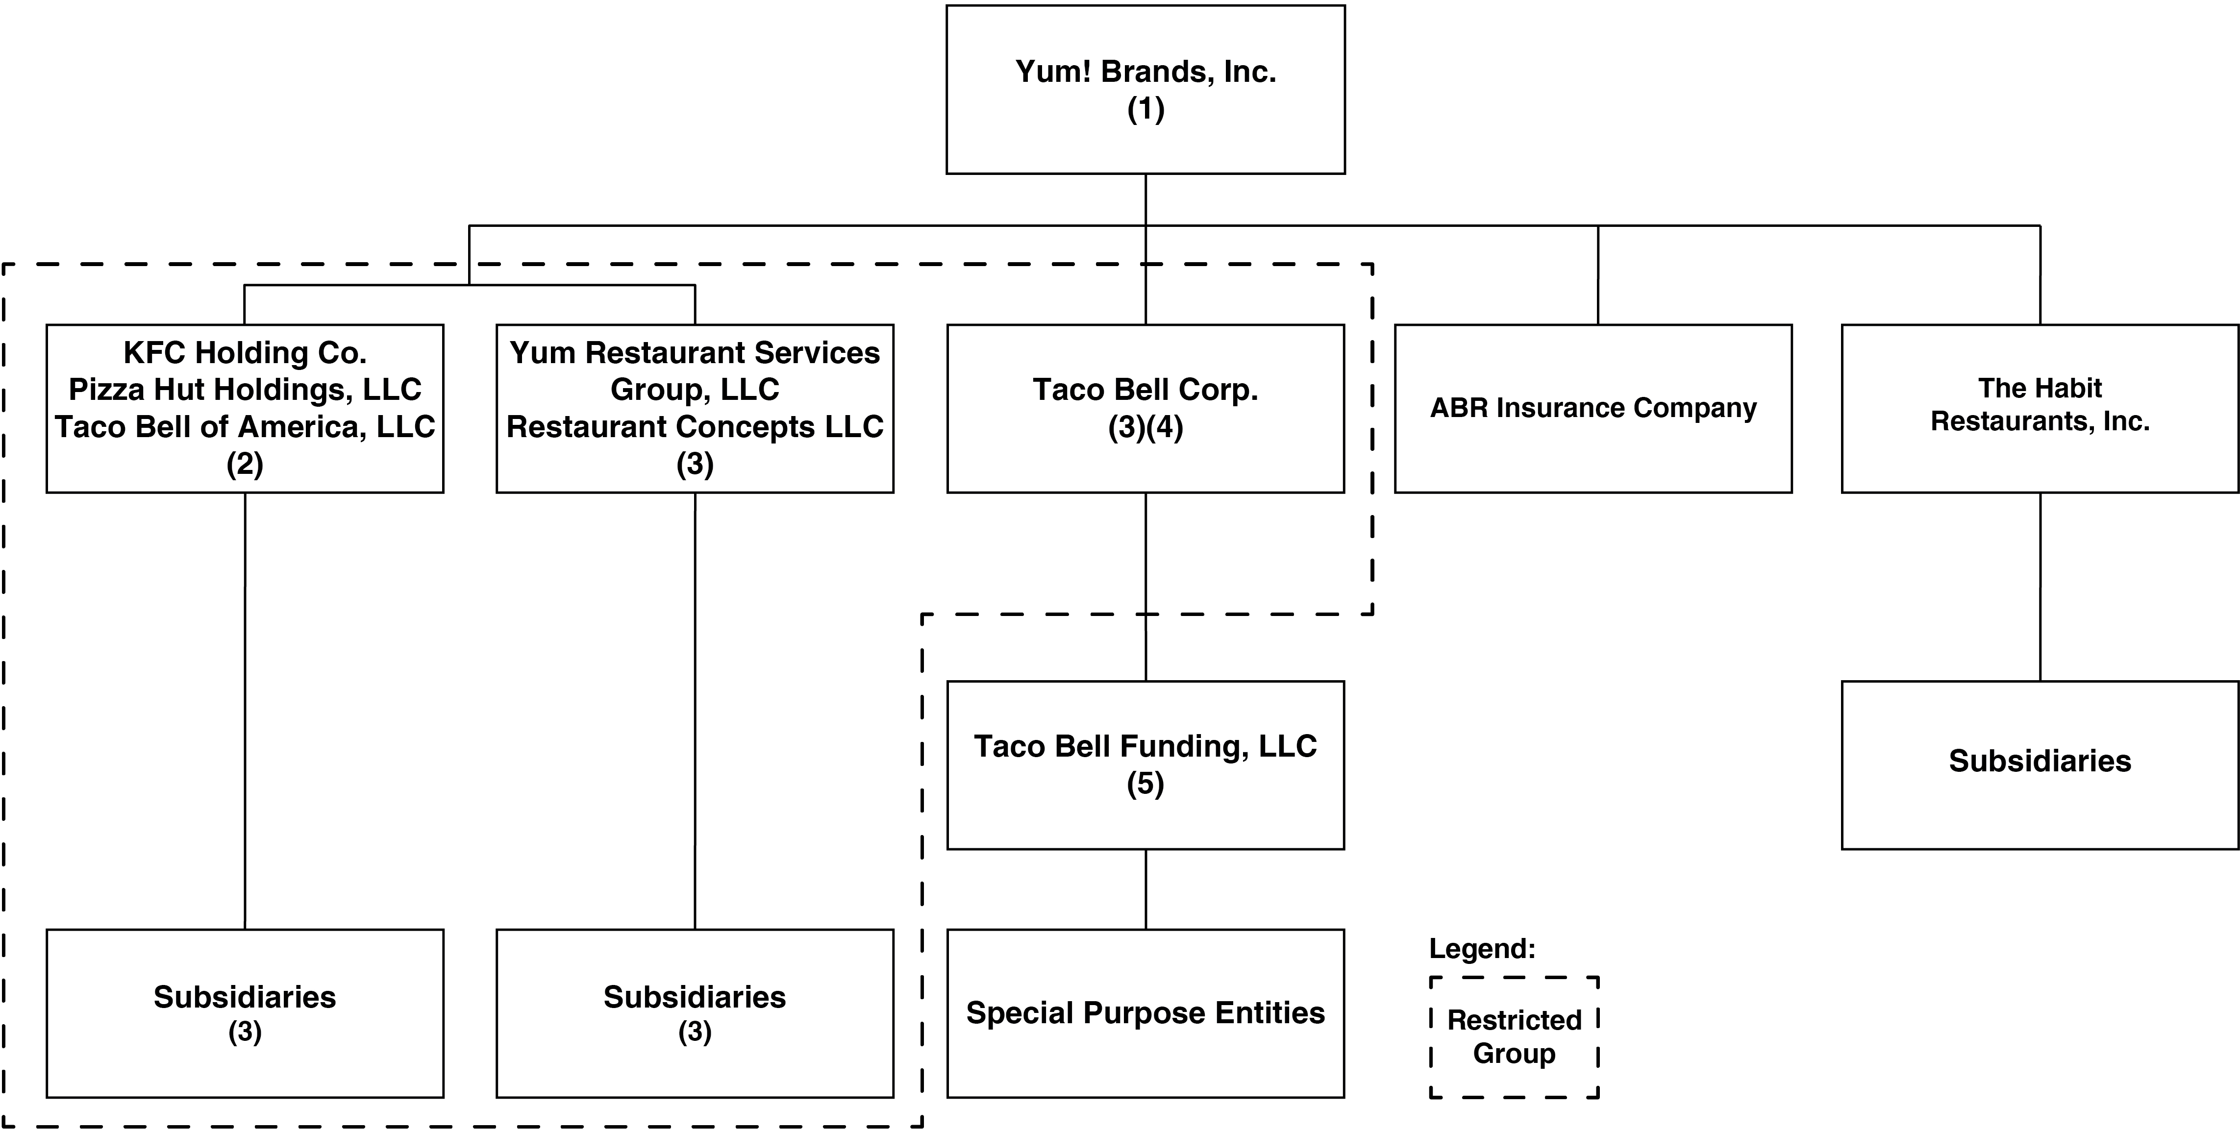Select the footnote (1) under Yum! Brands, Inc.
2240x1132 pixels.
(1145, 110)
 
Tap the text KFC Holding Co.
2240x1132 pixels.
(245, 352)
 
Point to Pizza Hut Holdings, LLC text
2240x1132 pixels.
(245, 390)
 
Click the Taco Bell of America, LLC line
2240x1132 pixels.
(245, 427)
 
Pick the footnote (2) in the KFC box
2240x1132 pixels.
(245, 464)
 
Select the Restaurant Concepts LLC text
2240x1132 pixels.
(695, 427)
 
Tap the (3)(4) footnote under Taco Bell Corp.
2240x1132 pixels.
(1145, 428)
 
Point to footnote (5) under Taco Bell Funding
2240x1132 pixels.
(1145, 784)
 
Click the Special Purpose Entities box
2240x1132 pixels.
(1145, 1013)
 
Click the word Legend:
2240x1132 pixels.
(1482, 949)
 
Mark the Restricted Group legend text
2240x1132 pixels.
(1514, 1036)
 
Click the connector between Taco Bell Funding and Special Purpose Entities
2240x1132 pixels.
(1145, 888)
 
